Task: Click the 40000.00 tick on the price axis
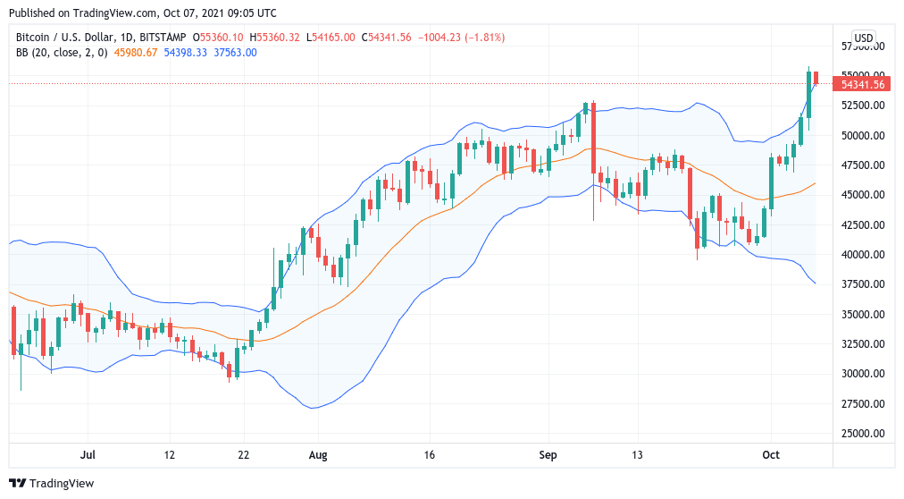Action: tap(863, 255)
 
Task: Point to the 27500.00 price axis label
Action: tap(863, 403)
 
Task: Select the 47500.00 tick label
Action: tap(863, 165)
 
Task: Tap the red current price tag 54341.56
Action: tap(863, 84)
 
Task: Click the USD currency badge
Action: tap(864, 38)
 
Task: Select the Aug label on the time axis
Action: tap(317, 455)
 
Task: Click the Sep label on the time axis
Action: tap(548, 455)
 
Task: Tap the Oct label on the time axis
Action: tap(771, 455)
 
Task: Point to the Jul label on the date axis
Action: tap(88, 455)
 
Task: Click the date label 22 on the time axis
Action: tap(243, 455)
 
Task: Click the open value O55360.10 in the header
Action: tap(219, 38)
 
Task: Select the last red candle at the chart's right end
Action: tap(816, 78)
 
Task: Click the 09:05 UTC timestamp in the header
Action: tap(247, 13)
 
